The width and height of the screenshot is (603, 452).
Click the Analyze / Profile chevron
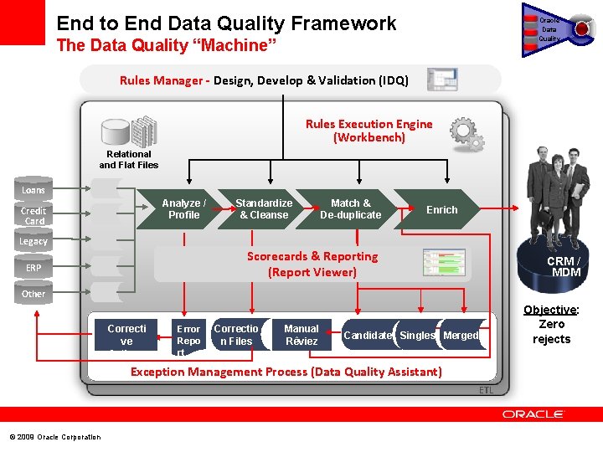click(x=183, y=209)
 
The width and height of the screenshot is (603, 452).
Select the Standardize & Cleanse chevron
click(x=264, y=209)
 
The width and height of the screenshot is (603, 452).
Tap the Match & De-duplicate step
click(x=350, y=209)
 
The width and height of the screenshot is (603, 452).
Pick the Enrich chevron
click(x=441, y=209)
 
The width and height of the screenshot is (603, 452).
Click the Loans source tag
click(x=33, y=190)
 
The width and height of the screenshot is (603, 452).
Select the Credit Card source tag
click(x=34, y=216)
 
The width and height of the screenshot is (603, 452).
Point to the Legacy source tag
click(x=33, y=241)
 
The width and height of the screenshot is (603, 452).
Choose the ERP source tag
click(x=33, y=268)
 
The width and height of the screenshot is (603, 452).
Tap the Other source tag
click(x=33, y=294)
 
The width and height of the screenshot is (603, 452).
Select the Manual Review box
click(x=301, y=335)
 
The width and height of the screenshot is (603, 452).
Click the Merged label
click(x=461, y=336)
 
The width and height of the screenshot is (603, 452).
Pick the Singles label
click(x=417, y=336)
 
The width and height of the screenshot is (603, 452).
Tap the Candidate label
click(x=368, y=336)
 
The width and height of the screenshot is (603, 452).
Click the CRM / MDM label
click(x=564, y=266)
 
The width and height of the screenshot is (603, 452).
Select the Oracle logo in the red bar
click(x=533, y=414)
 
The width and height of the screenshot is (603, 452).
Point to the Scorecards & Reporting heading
click(x=312, y=256)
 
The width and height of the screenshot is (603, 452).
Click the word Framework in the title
click(x=341, y=23)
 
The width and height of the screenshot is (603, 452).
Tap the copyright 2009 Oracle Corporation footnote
click(x=55, y=437)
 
